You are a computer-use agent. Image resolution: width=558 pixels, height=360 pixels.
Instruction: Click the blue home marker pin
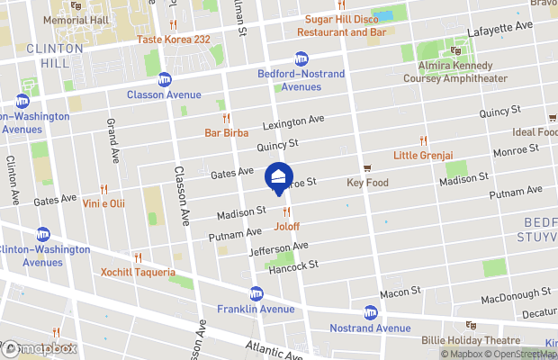pos(279,176)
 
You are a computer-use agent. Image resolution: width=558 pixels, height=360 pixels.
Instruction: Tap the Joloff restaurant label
pos(287,227)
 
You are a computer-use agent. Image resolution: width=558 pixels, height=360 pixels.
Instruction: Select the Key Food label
pos(366,183)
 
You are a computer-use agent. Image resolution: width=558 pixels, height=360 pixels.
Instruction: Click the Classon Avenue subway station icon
pos(164,79)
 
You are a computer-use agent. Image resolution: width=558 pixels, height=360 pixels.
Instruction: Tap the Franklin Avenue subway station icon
pos(256,294)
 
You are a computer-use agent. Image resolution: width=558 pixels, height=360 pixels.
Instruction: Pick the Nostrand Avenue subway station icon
pos(370,312)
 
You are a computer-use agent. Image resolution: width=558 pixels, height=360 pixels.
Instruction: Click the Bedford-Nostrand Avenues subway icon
pos(302,58)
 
